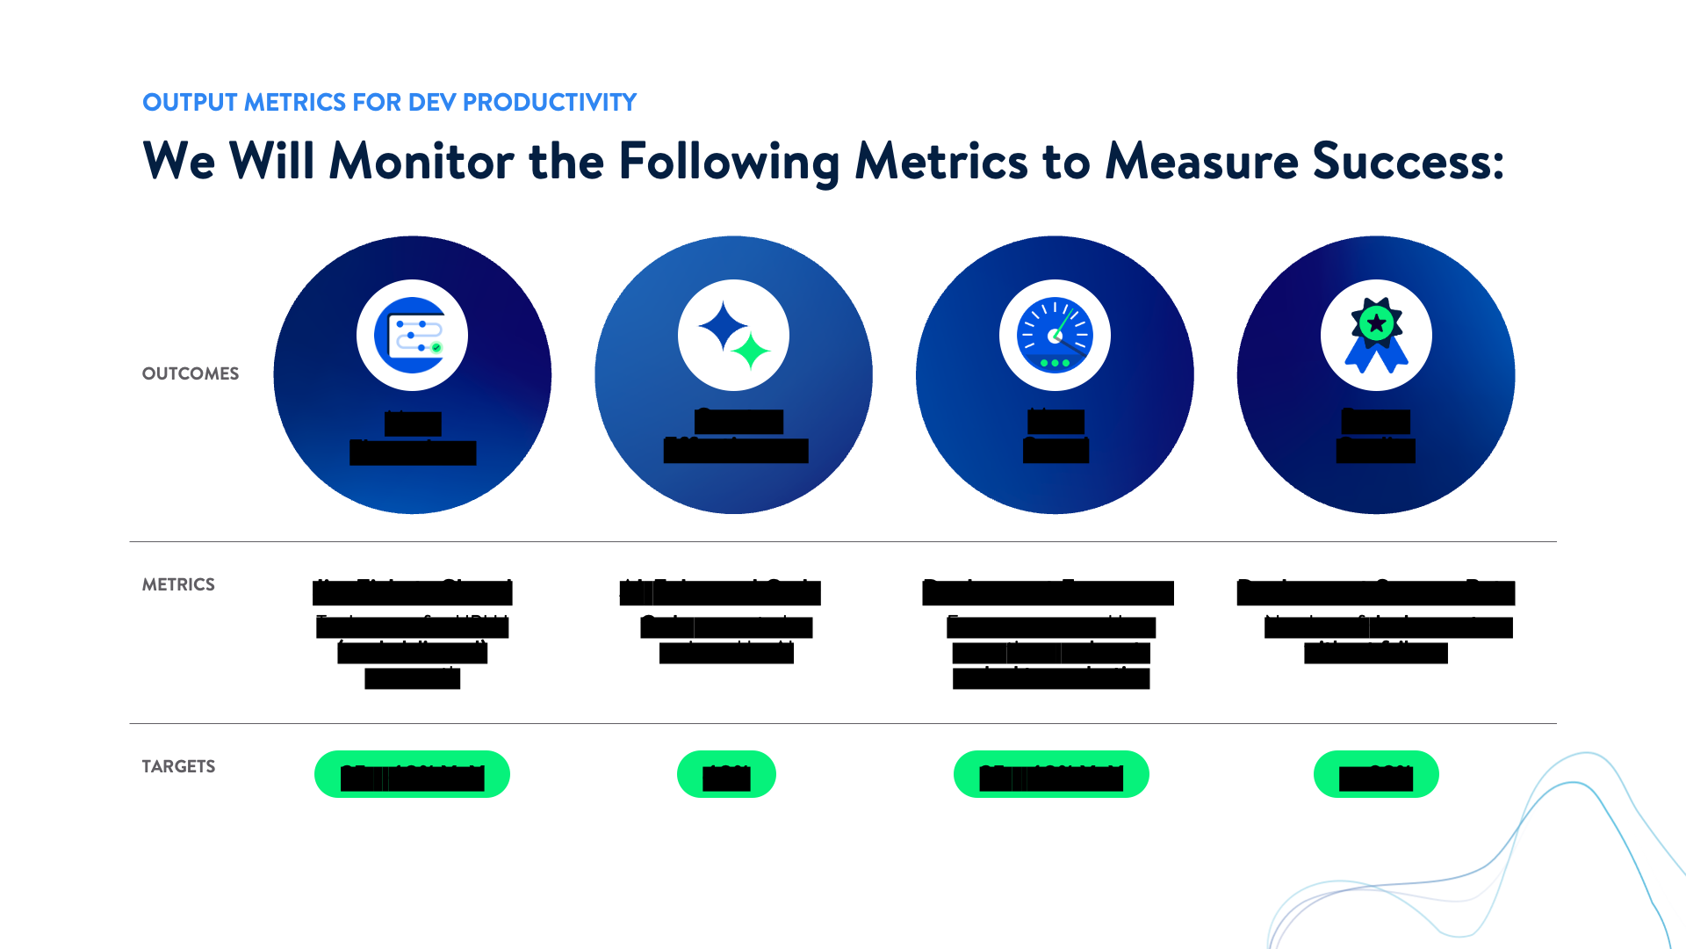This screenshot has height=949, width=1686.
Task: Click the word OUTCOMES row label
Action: tap(190, 373)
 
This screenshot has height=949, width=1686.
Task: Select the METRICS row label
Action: tap(178, 584)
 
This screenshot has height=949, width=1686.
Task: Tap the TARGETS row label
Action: tap(178, 766)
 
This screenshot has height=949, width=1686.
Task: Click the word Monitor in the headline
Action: tap(421, 162)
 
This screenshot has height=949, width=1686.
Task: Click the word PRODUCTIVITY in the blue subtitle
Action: tap(549, 103)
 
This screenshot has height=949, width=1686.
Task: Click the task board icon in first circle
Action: tap(412, 336)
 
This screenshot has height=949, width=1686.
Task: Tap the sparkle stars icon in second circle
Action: tap(733, 336)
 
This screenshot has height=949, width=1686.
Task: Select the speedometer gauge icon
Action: tap(1055, 336)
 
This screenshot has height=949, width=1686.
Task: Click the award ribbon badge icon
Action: tap(1376, 336)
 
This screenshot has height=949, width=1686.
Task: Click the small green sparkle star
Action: tap(752, 351)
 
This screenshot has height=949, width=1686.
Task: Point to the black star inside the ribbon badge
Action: tap(1377, 323)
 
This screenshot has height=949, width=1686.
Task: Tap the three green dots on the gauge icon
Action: tap(1055, 363)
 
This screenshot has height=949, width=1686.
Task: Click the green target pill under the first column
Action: tap(412, 774)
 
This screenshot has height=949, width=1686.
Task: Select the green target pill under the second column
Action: tap(726, 774)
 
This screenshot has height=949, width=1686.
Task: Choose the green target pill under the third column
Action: tap(1051, 774)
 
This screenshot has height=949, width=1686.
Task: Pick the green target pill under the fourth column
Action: tap(1376, 774)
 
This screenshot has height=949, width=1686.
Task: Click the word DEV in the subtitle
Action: tap(432, 103)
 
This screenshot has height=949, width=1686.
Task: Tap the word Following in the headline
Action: tap(729, 162)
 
